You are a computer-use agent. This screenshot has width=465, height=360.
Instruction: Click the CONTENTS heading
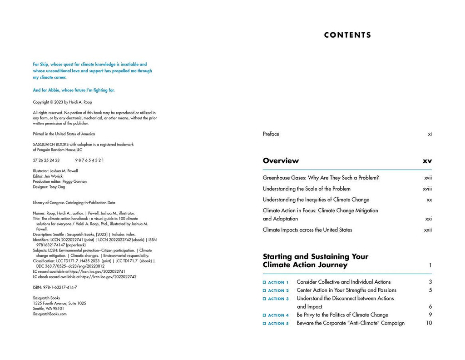[x=347, y=35]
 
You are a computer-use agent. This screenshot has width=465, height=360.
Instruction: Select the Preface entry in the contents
[x=271, y=134]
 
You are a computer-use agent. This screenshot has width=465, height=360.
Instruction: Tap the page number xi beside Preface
[x=430, y=134]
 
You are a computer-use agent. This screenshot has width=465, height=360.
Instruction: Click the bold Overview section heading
[x=281, y=160]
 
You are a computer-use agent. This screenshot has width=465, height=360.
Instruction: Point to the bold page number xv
[x=427, y=161]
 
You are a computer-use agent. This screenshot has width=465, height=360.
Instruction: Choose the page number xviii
[x=427, y=189]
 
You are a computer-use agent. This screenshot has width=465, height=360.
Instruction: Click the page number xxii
[x=428, y=230]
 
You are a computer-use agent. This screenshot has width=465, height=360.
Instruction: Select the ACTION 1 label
[x=278, y=283]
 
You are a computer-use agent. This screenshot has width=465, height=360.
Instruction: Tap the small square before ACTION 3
[x=264, y=299]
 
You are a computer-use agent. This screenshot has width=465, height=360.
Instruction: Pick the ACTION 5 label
[x=278, y=324]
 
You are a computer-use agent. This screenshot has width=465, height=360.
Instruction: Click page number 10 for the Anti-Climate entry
[x=429, y=323]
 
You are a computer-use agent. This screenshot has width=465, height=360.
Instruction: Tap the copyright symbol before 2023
[x=53, y=102]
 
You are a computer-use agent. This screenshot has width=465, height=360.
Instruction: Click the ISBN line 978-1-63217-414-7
[x=55, y=287]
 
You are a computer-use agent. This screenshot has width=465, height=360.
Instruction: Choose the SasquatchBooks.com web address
[x=49, y=314]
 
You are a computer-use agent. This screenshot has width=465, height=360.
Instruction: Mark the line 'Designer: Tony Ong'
[x=49, y=187]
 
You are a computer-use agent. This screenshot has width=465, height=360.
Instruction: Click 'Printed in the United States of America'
[x=64, y=134]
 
